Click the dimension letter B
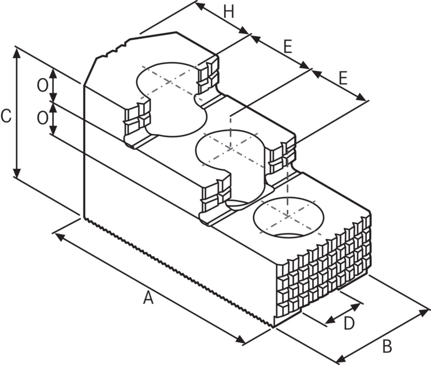click(x=386, y=346)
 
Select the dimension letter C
click(x=6, y=116)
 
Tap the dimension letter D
click(x=349, y=323)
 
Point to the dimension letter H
click(x=230, y=12)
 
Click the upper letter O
click(x=41, y=84)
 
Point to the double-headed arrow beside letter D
click(x=343, y=315)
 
